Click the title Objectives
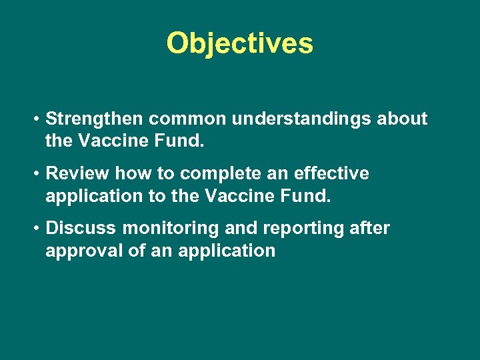pos(239,43)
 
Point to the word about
pos(402,119)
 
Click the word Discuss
pos(80,229)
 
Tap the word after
pos(369,229)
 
